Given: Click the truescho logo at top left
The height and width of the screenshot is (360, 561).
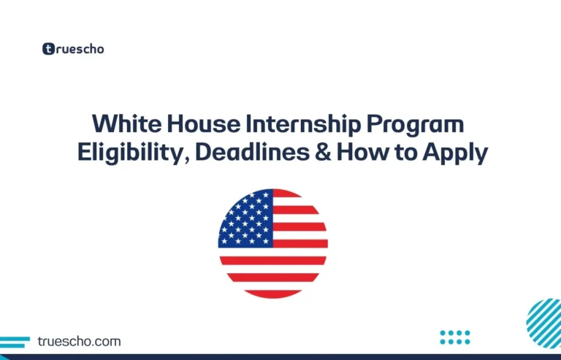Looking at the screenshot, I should click(x=72, y=49).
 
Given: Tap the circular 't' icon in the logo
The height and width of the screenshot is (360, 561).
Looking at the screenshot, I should click(x=48, y=49).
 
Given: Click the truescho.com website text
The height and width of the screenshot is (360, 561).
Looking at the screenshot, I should click(x=80, y=341).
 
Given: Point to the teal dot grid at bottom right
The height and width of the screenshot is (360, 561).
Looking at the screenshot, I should click(x=455, y=337).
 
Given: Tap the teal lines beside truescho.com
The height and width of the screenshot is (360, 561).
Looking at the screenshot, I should click(x=15, y=342).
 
